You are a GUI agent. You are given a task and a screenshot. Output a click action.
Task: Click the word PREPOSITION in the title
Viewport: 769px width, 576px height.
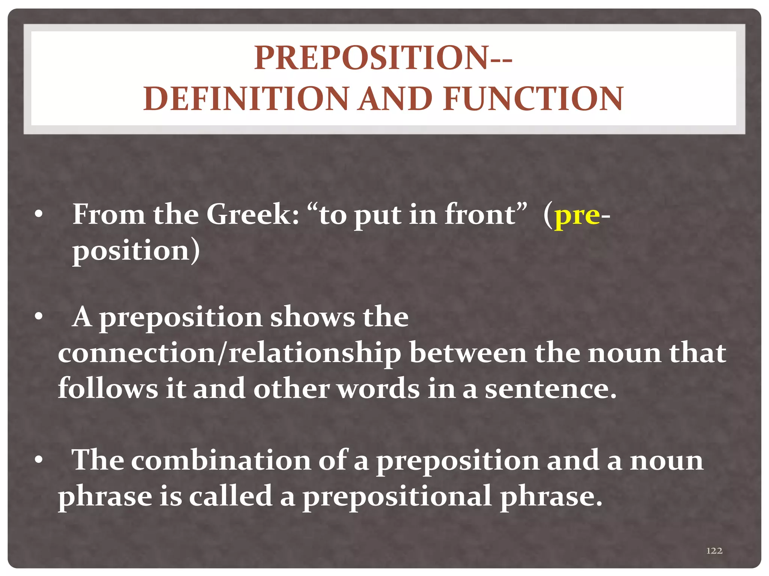tap(370, 58)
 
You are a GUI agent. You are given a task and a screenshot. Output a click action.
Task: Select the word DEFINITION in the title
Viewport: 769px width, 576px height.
tap(246, 99)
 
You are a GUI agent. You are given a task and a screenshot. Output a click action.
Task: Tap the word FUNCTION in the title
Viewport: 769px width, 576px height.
tap(533, 99)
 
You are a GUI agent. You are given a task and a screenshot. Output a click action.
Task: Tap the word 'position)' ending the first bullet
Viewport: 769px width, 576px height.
tap(136, 250)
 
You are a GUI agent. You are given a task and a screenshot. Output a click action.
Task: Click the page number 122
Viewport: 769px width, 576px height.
tap(714, 550)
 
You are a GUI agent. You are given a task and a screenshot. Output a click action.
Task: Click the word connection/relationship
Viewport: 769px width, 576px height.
tap(229, 353)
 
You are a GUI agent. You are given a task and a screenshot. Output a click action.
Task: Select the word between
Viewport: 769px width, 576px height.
tap(468, 353)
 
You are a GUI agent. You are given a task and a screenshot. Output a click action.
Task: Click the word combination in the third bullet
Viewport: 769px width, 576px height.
tap(221, 460)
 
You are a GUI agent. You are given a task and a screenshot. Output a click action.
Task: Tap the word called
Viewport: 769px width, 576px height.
tap(231, 496)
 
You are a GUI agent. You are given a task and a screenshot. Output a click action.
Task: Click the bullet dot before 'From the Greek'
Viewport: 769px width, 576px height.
tap(38, 215)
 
